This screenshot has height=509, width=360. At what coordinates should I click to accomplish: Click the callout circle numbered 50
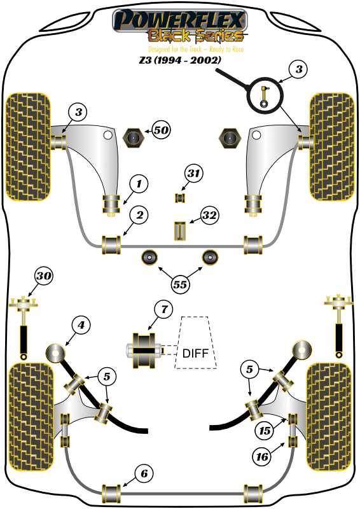[161, 130]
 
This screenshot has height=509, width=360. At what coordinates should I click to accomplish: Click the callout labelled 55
[180, 286]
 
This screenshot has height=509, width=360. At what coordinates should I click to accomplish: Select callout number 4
[80, 326]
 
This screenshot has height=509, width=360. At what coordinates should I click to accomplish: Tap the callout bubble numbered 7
[163, 310]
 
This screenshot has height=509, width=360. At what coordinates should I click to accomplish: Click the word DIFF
[195, 353]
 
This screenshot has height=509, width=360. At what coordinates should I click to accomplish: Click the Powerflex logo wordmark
[179, 19]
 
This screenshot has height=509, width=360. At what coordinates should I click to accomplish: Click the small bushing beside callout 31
[179, 197]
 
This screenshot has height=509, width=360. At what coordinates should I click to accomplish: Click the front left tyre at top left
[27, 145]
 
